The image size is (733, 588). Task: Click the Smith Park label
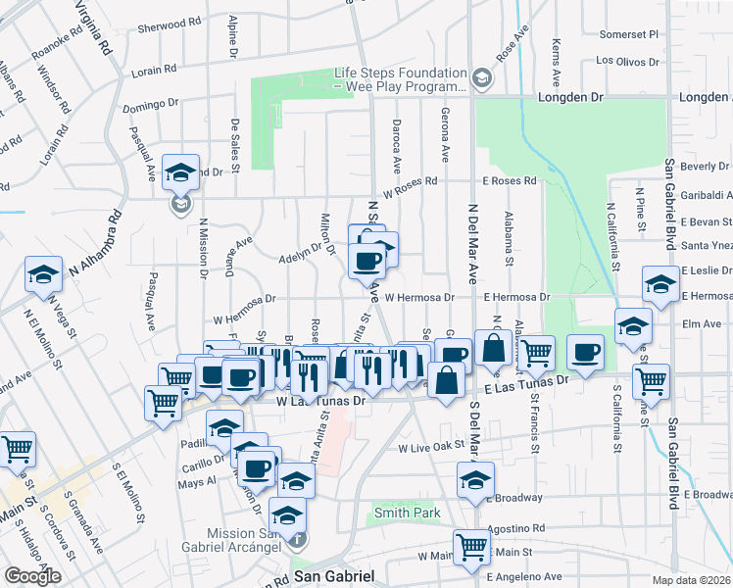click(x=405, y=513)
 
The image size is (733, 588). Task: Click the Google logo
click(x=32, y=576)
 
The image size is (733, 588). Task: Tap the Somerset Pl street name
click(x=629, y=33)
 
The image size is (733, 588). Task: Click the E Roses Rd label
click(x=510, y=181)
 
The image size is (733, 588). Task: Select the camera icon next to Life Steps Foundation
click(x=481, y=77)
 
